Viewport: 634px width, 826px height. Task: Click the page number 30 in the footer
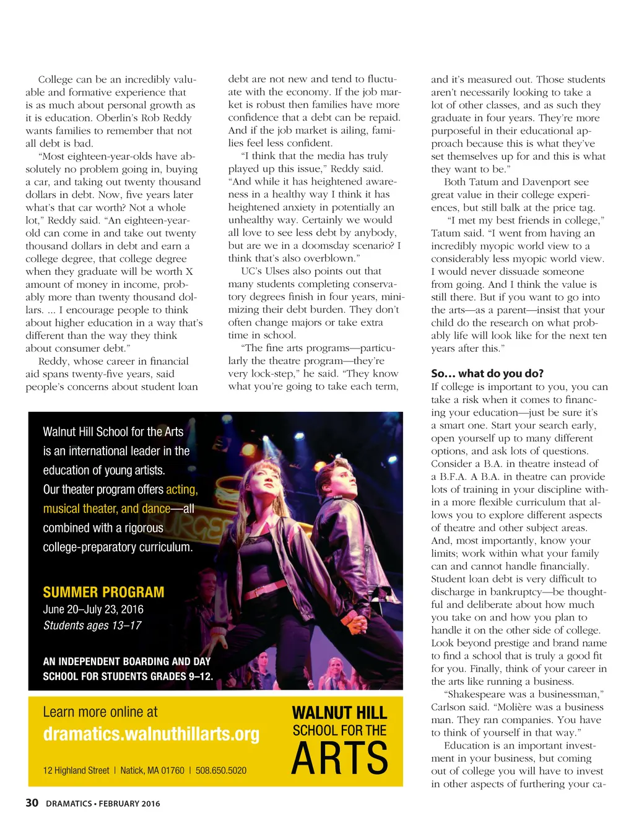[32, 802]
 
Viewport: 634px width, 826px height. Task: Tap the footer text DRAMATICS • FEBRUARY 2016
[103, 804]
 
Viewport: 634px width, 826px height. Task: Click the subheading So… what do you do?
[487, 373]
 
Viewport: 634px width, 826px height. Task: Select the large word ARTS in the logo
[339, 758]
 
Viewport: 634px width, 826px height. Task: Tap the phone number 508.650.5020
[221, 770]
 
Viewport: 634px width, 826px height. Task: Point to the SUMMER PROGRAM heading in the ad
[103, 592]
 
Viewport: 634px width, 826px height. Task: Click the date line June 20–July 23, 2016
[93, 609]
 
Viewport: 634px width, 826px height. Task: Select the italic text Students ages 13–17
[92, 625]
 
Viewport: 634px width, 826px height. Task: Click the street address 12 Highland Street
[76, 770]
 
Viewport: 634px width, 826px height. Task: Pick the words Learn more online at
[100, 712]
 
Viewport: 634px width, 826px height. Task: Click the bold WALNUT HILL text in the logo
[339, 713]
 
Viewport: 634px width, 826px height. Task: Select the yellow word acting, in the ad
[181, 489]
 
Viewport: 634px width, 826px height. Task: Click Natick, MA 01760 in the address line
[152, 770]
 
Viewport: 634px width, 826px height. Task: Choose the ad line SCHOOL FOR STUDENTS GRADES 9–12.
[128, 676]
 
